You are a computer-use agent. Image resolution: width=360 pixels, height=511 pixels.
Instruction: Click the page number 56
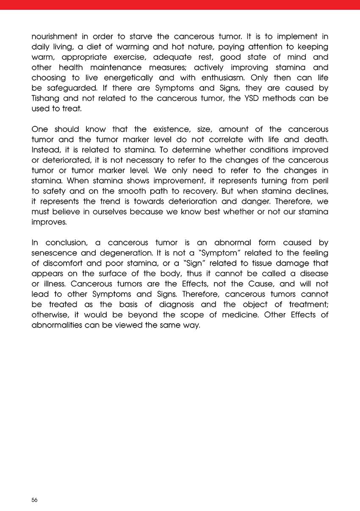34,500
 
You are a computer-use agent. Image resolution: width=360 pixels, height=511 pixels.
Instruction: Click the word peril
319,181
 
